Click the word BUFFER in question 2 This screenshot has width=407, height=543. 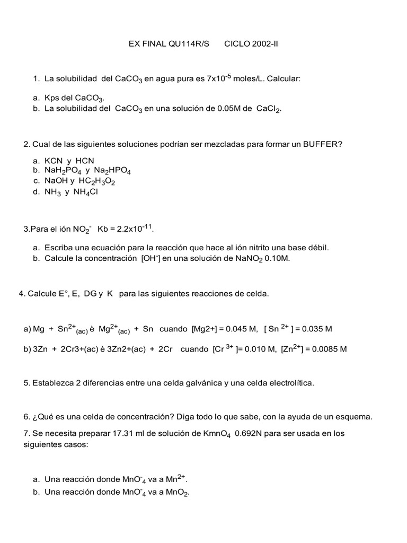pyautogui.click(x=316, y=144)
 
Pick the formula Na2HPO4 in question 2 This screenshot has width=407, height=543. pyautogui.click(x=112, y=171)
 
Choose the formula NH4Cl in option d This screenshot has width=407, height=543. pyautogui.click(x=85, y=192)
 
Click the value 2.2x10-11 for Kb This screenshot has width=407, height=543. pyautogui.click(x=135, y=229)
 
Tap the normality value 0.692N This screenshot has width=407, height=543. pyautogui.click(x=252, y=433)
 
